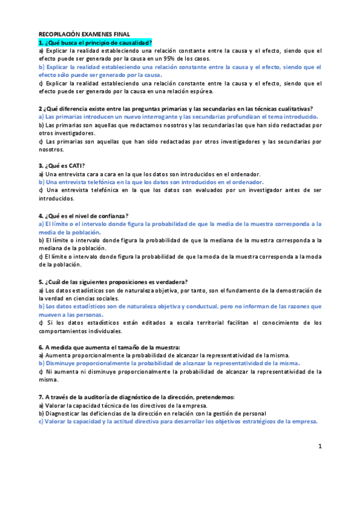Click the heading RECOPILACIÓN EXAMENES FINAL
tap(88, 35)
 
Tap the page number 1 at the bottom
tap(320, 446)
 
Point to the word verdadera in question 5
tap(171, 282)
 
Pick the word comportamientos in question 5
tap(65, 331)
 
